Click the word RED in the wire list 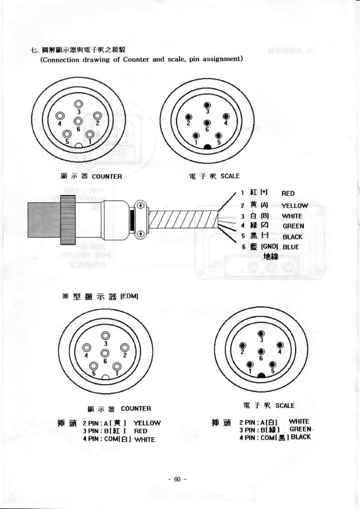pyautogui.click(x=288, y=194)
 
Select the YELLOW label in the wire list pyautogui.click(x=295, y=206)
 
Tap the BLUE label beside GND pyautogui.click(x=291, y=247)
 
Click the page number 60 pyautogui.click(x=177, y=480)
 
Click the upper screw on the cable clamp pyautogui.click(x=141, y=206)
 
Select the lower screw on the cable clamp pyautogui.click(x=141, y=233)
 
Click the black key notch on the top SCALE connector pyautogui.click(x=207, y=147)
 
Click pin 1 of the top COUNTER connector pyautogui.click(x=89, y=134)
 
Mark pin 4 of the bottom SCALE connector pyautogui.click(x=280, y=345)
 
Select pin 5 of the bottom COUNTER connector pyautogui.click(x=94, y=366)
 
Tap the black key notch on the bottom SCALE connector pyautogui.click(x=261, y=375)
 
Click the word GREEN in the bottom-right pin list pyautogui.click(x=300, y=429)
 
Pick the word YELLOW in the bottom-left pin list pyautogui.click(x=147, y=423)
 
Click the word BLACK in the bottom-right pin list pyautogui.click(x=301, y=437)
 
